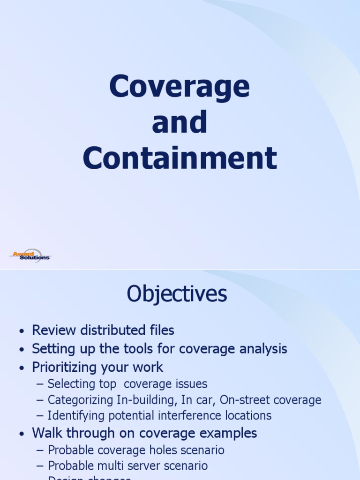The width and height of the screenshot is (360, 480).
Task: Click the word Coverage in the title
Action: tap(180, 87)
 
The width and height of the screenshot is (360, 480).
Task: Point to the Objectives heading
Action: tap(177, 294)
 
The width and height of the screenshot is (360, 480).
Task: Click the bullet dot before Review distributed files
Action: tap(21, 331)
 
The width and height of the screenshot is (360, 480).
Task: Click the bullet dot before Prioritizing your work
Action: tap(21, 368)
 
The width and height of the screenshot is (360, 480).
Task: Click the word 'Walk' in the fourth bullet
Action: tap(45, 433)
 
